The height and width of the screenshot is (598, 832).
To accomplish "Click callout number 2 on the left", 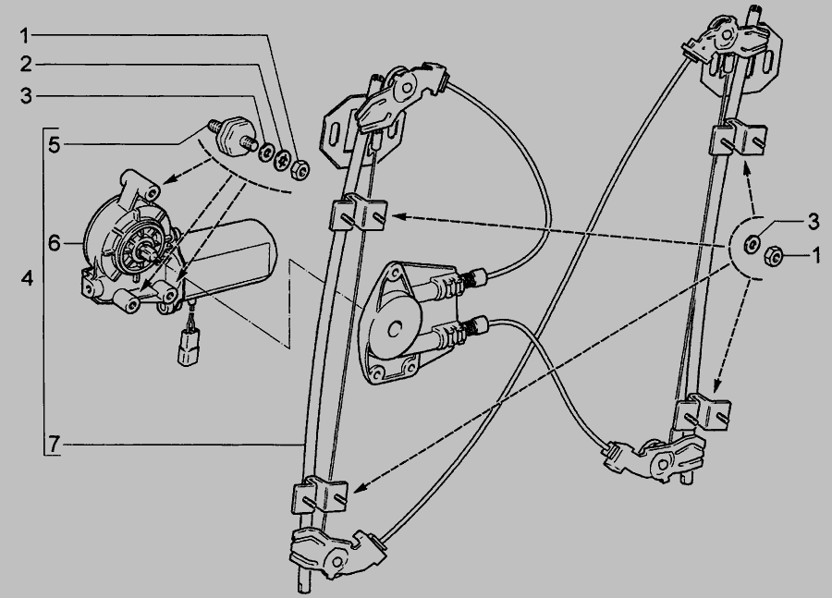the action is coord(26,65).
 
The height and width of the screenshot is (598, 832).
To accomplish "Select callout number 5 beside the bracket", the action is coord(55,144).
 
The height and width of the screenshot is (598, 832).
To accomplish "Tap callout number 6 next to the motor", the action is coord(55,243).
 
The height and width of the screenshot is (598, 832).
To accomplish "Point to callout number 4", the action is coord(27,277).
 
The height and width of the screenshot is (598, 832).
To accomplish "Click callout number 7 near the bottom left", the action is coord(55,444).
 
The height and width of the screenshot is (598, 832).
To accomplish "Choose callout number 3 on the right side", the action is coord(814,222).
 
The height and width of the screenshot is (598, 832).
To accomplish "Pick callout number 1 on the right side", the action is coord(816,257).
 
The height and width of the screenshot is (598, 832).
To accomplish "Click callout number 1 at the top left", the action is coord(25,36).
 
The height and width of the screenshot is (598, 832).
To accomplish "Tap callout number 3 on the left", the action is coord(26,96).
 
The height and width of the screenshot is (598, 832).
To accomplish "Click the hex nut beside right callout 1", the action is coord(773,258).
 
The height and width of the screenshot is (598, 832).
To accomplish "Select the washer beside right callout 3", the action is coord(752,245).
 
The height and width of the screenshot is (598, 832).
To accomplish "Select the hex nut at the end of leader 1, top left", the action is coord(300,170).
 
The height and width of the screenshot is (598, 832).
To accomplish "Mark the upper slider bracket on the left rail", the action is coord(358,213).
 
